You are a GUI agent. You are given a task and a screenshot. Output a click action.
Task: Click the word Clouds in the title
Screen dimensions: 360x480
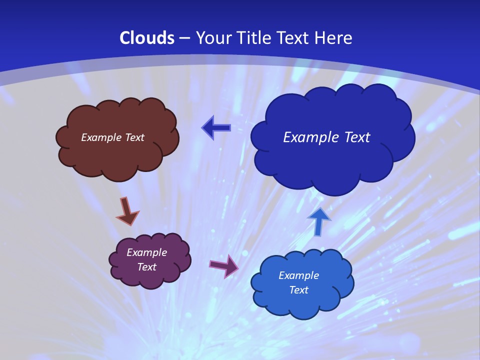[x=147, y=38]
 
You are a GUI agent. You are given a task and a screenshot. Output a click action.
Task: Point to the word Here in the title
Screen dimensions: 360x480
[x=333, y=38]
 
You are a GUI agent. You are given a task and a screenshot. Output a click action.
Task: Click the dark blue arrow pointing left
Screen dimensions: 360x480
[x=216, y=128]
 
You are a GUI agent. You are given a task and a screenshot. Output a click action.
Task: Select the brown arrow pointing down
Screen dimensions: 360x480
[x=127, y=211]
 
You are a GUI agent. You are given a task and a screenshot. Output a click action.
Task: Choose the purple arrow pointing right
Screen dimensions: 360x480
[x=224, y=265]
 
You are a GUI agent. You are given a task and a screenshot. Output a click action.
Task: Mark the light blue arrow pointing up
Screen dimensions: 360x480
[x=319, y=221]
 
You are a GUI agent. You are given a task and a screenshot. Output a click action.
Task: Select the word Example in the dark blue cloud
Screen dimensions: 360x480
[x=311, y=137]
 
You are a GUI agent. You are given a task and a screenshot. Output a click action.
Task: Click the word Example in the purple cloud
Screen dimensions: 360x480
[x=147, y=252]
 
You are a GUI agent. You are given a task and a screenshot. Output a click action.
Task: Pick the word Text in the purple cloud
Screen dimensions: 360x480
[x=147, y=267]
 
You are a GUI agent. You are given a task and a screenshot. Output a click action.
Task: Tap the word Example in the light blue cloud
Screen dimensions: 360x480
[x=298, y=275]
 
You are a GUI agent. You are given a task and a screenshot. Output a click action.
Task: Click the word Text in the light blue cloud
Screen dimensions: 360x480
[x=298, y=290]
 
